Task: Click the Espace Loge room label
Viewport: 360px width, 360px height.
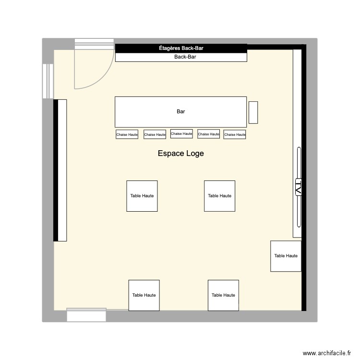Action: [181, 154]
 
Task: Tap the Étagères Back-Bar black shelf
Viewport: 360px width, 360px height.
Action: [181, 48]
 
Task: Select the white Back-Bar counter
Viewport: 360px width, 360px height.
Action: [181, 57]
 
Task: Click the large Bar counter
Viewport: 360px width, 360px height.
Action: [180, 111]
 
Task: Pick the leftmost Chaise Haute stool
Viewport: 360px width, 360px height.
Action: [127, 135]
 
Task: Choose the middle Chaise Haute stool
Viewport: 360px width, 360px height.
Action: [181, 134]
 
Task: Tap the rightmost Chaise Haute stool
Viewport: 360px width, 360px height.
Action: [235, 135]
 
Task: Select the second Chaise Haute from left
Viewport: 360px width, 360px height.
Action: [155, 135]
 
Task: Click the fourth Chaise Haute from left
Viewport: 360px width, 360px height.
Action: [208, 134]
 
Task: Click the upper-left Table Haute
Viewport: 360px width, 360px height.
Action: [142, 196]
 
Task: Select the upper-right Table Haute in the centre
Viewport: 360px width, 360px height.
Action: [219, 196]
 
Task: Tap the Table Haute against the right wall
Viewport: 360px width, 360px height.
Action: [286, 256]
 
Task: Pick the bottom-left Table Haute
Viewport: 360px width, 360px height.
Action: [144, 295]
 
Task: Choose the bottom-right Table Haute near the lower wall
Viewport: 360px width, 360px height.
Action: [223, 295]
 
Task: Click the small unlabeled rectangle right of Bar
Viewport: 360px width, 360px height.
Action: [253, 112]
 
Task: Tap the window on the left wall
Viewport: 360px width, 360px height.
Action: [48, 81]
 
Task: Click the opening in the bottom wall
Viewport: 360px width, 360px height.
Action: [86, 315]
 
